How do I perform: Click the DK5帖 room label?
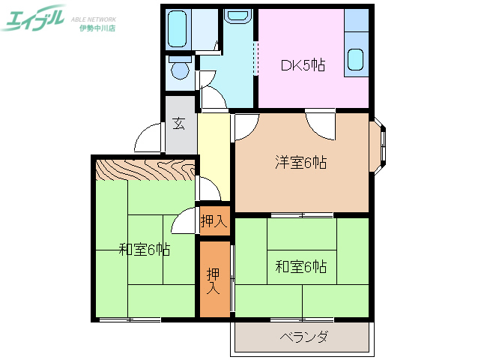click(303, 65)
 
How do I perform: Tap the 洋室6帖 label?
click(301, 162)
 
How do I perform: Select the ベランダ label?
click(303, 337)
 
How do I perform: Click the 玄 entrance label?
click(180, 124)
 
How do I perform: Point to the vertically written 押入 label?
click(213, 280)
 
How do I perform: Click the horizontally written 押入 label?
click(214, 221)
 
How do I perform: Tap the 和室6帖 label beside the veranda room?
click(300, 266)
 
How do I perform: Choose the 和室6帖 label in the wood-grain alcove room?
click(144, 250)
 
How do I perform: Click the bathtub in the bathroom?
click(178, 31)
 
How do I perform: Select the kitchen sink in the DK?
click(356, 58)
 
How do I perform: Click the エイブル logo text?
click(34, 19)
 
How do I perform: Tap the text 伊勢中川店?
click(97, 28)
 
